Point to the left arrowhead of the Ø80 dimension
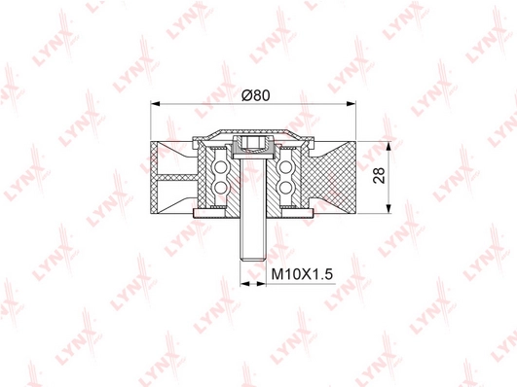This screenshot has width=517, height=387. (x=157, y=104)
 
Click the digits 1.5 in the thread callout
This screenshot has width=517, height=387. (x=324, y=275)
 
